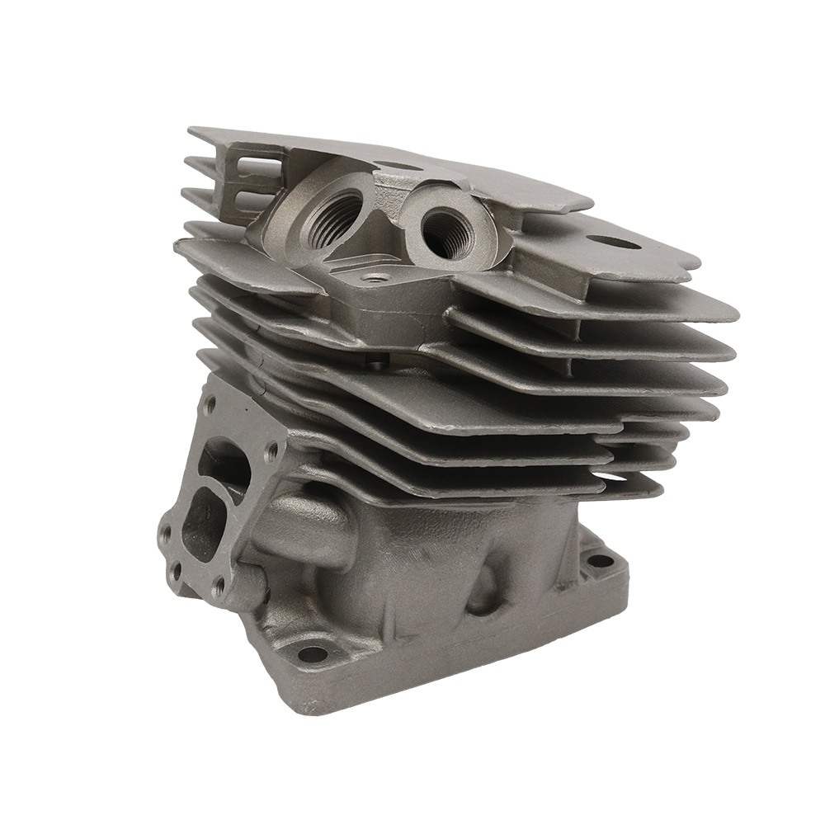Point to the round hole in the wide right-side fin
tap(617, 243)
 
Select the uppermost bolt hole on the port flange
tap(211, 404)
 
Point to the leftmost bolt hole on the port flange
tap(166, 532)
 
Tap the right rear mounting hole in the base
tap(600, 561)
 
